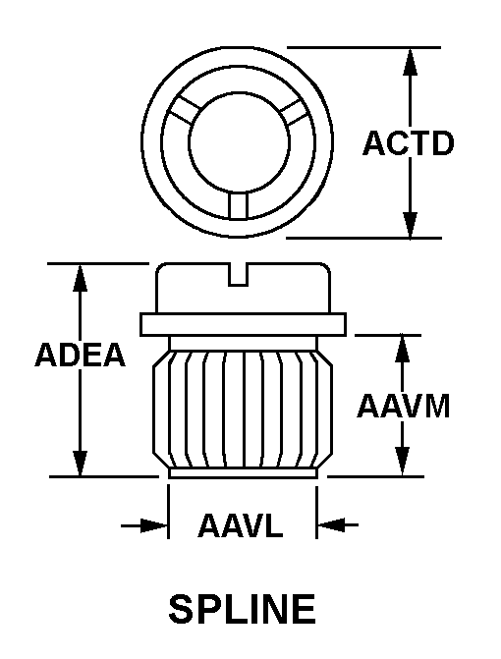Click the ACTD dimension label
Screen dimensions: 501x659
coord(409,143)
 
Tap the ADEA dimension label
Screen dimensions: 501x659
coord(80,356)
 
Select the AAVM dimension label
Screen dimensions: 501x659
coord(404,406)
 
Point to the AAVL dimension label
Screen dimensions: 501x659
coord(241,525)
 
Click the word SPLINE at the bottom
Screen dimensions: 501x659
coord(242,609)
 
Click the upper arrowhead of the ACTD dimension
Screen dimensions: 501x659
coord(410,62)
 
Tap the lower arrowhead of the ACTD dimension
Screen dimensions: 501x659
coord(410,225)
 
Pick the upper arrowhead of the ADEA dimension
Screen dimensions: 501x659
coord(80,278)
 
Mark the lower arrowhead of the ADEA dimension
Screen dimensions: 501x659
coord(80,464)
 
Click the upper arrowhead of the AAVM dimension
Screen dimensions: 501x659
coord(402,349)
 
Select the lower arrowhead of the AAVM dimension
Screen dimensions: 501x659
coord(402,463)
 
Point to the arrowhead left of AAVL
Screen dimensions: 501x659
coord(154,524)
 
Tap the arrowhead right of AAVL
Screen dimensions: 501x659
coord(331,524)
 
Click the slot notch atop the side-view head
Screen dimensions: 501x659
coord(238,275)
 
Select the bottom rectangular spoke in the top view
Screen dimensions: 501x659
coord(239,206)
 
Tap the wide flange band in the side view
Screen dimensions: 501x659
coord(243,324)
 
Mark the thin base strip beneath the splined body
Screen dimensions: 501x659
coord(243,473)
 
